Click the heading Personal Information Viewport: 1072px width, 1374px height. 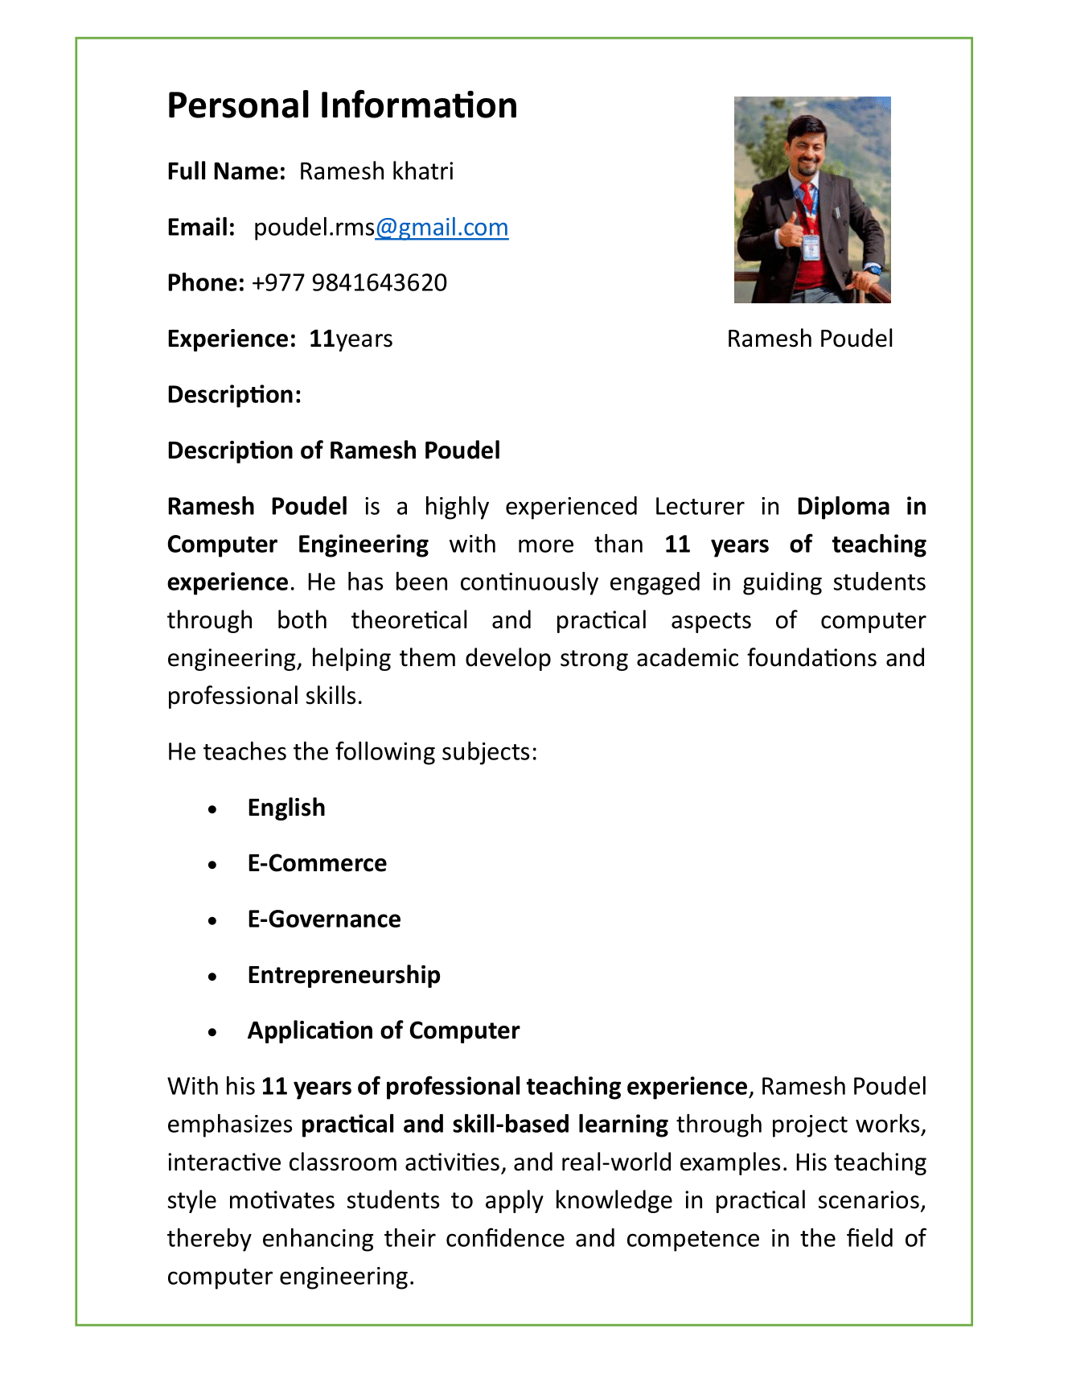(342, 106)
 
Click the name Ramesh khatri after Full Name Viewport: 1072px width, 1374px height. (376, 171)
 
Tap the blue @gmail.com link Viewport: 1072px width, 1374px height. (442, 228)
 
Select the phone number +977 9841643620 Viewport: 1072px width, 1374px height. (349, 283)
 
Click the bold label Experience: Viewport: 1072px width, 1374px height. (232, 339)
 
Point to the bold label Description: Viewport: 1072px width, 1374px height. (234, 395)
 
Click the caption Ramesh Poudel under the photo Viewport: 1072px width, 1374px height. (810, 339)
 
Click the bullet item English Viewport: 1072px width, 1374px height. (286, 808)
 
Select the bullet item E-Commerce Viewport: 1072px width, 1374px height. (317, 863)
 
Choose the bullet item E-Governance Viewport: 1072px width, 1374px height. (324, 919)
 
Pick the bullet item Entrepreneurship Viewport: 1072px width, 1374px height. (343, 975)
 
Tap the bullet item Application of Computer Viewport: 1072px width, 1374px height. (384, 1030)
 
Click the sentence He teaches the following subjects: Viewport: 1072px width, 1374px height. (351, 752)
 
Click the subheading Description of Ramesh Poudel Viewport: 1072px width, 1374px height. (333, 450)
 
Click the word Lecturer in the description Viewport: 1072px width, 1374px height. (699, 507)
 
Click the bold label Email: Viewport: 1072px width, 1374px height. (201, 228)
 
